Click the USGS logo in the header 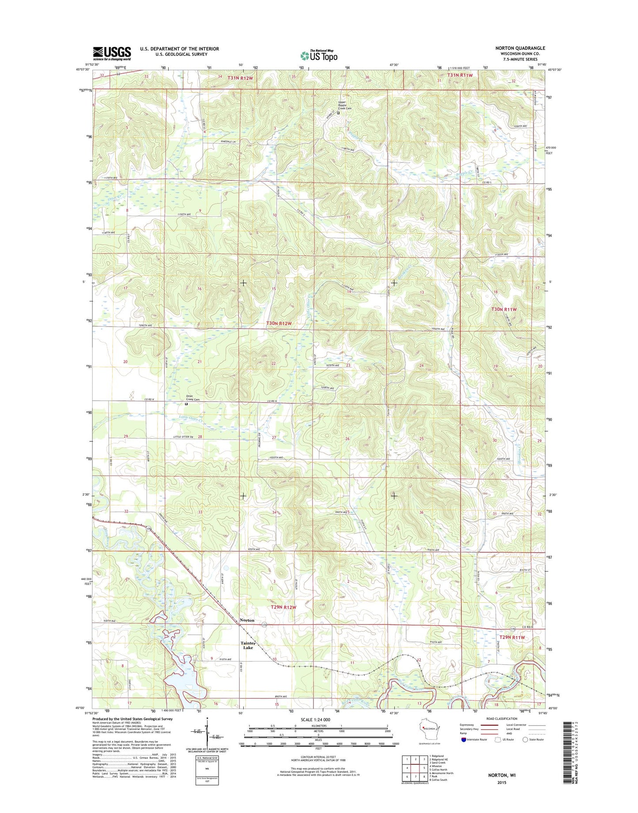(x=112, y=53)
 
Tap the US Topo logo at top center (x=319, y=56)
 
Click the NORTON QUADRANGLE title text (x=520, y=48)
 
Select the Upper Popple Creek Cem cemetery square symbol (x=339, y=113)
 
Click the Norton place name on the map (x=247, y=620)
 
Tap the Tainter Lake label (x=248, y=645)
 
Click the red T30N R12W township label (x=279, y=324)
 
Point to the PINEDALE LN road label (x=228, y=141)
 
